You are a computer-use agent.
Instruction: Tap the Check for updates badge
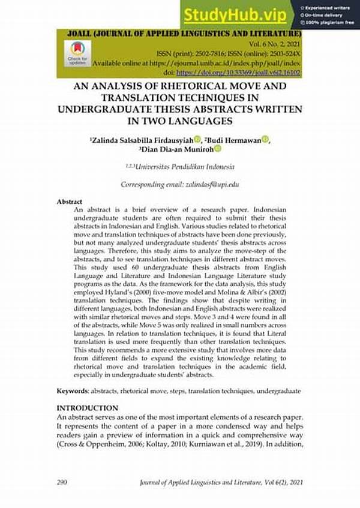[x=77, y=52]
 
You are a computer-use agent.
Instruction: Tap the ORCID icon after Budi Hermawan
[x=265, y=140]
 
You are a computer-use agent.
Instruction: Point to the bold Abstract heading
[x=69, y=202]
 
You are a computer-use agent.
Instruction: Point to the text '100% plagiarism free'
[x=328, y=22]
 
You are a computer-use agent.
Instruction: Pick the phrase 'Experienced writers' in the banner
[x=328, y=7]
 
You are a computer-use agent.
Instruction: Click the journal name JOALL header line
[x=180, y=34]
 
